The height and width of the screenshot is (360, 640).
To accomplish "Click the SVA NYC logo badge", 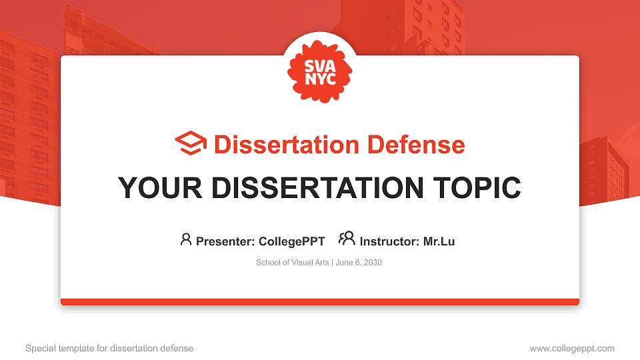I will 320,71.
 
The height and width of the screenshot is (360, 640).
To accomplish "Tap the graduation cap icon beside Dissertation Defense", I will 191,144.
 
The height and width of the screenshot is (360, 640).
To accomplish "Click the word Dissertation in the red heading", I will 275,145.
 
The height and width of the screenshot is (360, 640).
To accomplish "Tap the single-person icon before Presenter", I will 186,239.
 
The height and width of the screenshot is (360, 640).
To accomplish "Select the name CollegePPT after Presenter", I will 293,241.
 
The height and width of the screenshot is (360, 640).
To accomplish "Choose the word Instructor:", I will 389,241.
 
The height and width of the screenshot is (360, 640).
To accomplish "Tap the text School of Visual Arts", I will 293,263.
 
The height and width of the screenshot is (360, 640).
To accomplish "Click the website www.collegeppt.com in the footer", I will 572,348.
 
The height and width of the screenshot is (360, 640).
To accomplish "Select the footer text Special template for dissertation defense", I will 109,348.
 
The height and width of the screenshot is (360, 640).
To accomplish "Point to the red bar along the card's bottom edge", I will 320,302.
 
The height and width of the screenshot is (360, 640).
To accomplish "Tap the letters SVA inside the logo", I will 320,65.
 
